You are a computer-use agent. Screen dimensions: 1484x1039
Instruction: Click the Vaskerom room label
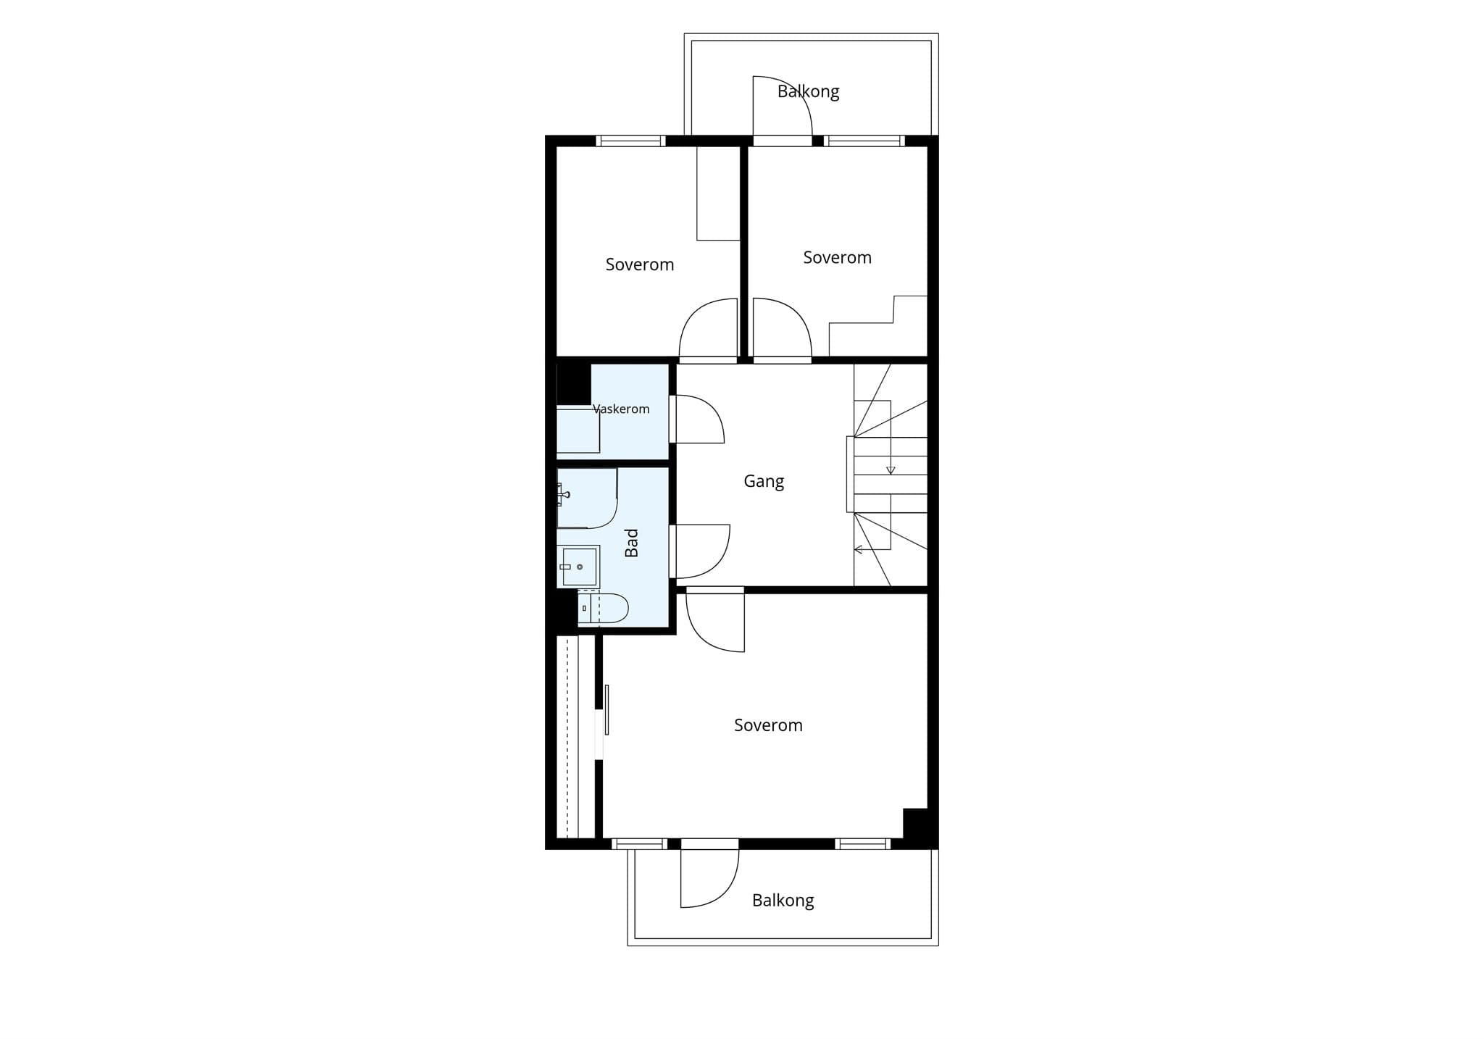[621, 409]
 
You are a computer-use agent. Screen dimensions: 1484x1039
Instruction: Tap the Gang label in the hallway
[764, 482]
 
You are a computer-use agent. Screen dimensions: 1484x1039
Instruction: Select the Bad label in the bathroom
[632, 543]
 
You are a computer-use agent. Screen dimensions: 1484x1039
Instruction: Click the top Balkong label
[808, 92]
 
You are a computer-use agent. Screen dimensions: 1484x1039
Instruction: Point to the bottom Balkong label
[783, 901]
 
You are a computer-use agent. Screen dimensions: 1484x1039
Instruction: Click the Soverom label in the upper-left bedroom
[640, 264]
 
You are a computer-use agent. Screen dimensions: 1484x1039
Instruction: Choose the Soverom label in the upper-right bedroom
[837, 257]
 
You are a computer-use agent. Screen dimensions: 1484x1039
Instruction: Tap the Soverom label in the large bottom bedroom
[768, 725]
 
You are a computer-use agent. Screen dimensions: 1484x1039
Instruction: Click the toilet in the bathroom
[603, 608]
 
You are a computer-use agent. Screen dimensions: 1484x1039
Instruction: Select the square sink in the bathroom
[578, 567]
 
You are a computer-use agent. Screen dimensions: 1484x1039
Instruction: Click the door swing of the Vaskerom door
[700, 419]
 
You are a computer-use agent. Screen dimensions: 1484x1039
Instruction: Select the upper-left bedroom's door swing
[708, 327]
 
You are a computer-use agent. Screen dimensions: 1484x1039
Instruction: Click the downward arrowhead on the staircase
[891, 470]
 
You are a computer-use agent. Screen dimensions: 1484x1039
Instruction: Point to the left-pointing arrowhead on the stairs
[859, 549]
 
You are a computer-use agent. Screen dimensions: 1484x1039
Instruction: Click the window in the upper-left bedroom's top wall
[630, 141]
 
